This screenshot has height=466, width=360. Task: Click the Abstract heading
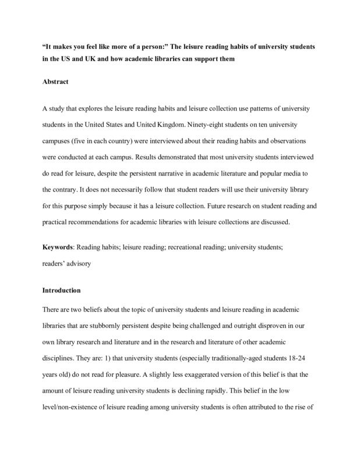coord(56,82)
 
